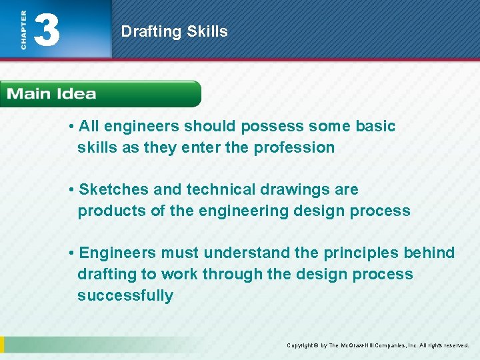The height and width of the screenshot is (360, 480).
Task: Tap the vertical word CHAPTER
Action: (x=23, y=29)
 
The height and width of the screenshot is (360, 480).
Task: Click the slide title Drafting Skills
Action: (x=174, y=31)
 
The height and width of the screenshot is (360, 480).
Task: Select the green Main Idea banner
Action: (x=100, y=94)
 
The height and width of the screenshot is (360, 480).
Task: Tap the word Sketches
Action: (x=114, y=189)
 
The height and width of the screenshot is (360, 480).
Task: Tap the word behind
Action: (x=429, y=253)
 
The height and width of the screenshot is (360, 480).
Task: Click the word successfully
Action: (x=125, y=295)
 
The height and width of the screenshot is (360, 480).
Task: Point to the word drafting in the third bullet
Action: (x=106, y=274)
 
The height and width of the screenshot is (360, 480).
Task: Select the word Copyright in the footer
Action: (x=301, y=345)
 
